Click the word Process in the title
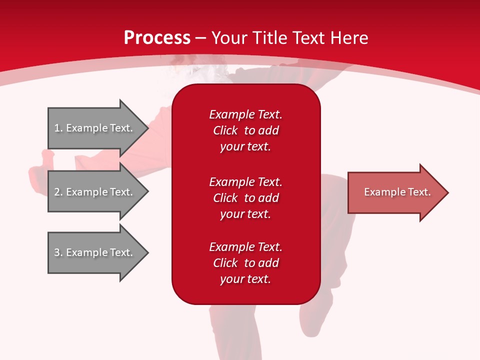(157, 37)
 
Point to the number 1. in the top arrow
(58, 128)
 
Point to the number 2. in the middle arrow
(58, 192)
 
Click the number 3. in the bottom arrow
(58, 252)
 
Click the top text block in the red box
(245, 130)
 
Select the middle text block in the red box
(245, 197)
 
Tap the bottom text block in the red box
(245, 263)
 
